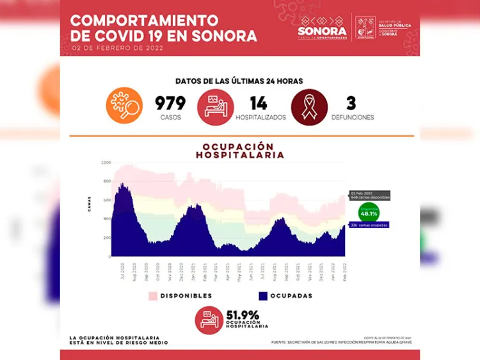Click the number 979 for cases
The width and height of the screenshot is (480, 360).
[x=170, y=103]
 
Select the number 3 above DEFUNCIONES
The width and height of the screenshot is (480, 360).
[x=351, y=103]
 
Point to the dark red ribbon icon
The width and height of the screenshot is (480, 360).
[x=310, y=106]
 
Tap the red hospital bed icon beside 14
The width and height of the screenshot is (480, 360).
[x=216, y=106]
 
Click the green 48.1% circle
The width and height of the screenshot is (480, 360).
[x=369, y=213]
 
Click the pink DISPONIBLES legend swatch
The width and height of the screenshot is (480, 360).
[x=152, y=295]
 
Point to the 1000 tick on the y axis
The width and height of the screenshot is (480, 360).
[x=106, y=163]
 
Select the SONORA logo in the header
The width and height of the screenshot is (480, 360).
[x=322, y=28]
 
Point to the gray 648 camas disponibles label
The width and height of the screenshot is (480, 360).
[x=370, y=195]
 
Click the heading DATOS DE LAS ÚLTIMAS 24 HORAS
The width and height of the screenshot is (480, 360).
[x=239, y=81]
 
